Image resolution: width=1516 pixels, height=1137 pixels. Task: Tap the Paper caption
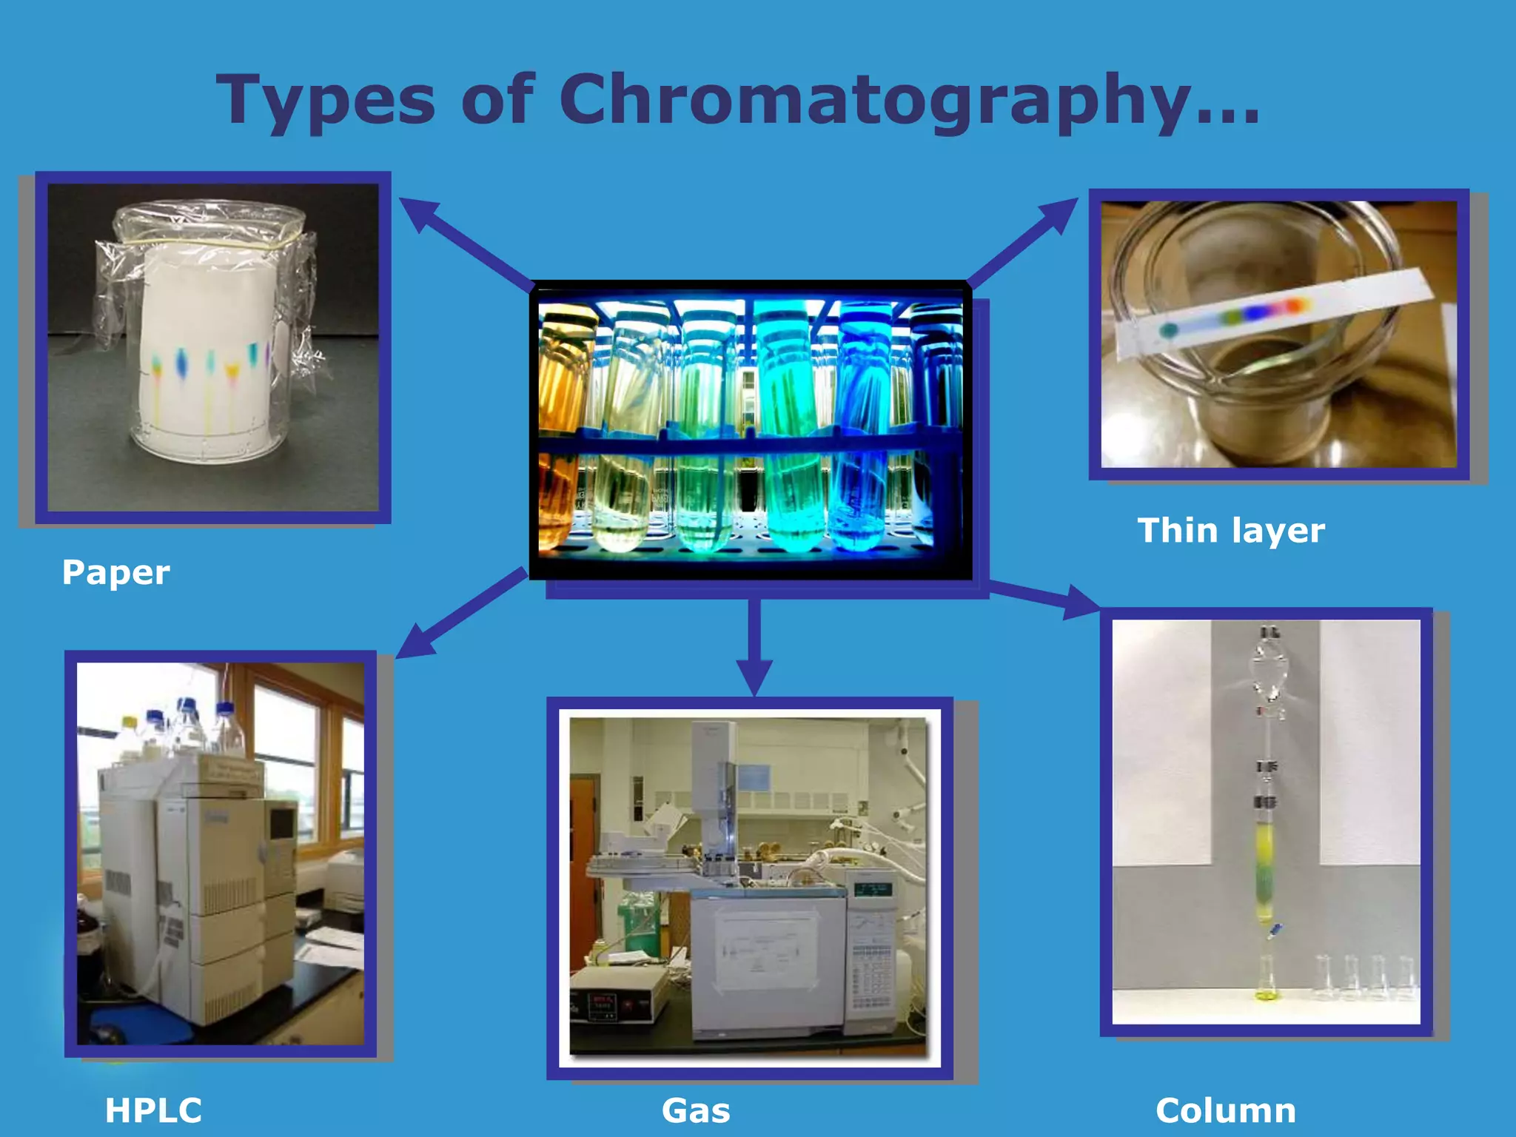pyautogui.click(x=115, y=572)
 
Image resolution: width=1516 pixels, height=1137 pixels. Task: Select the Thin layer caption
pyautogui.click(x=1231, y=531)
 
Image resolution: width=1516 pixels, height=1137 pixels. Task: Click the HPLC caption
pyautogui.click(x=153, y=1110)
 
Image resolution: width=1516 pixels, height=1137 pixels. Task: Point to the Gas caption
pyautogui.click(x=696, y=1110)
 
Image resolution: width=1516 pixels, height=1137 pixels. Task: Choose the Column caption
pyautogui.click(x=1226, y=1110)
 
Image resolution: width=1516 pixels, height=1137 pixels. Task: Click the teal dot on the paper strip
pyautogui.click(x=1169, y=330)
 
